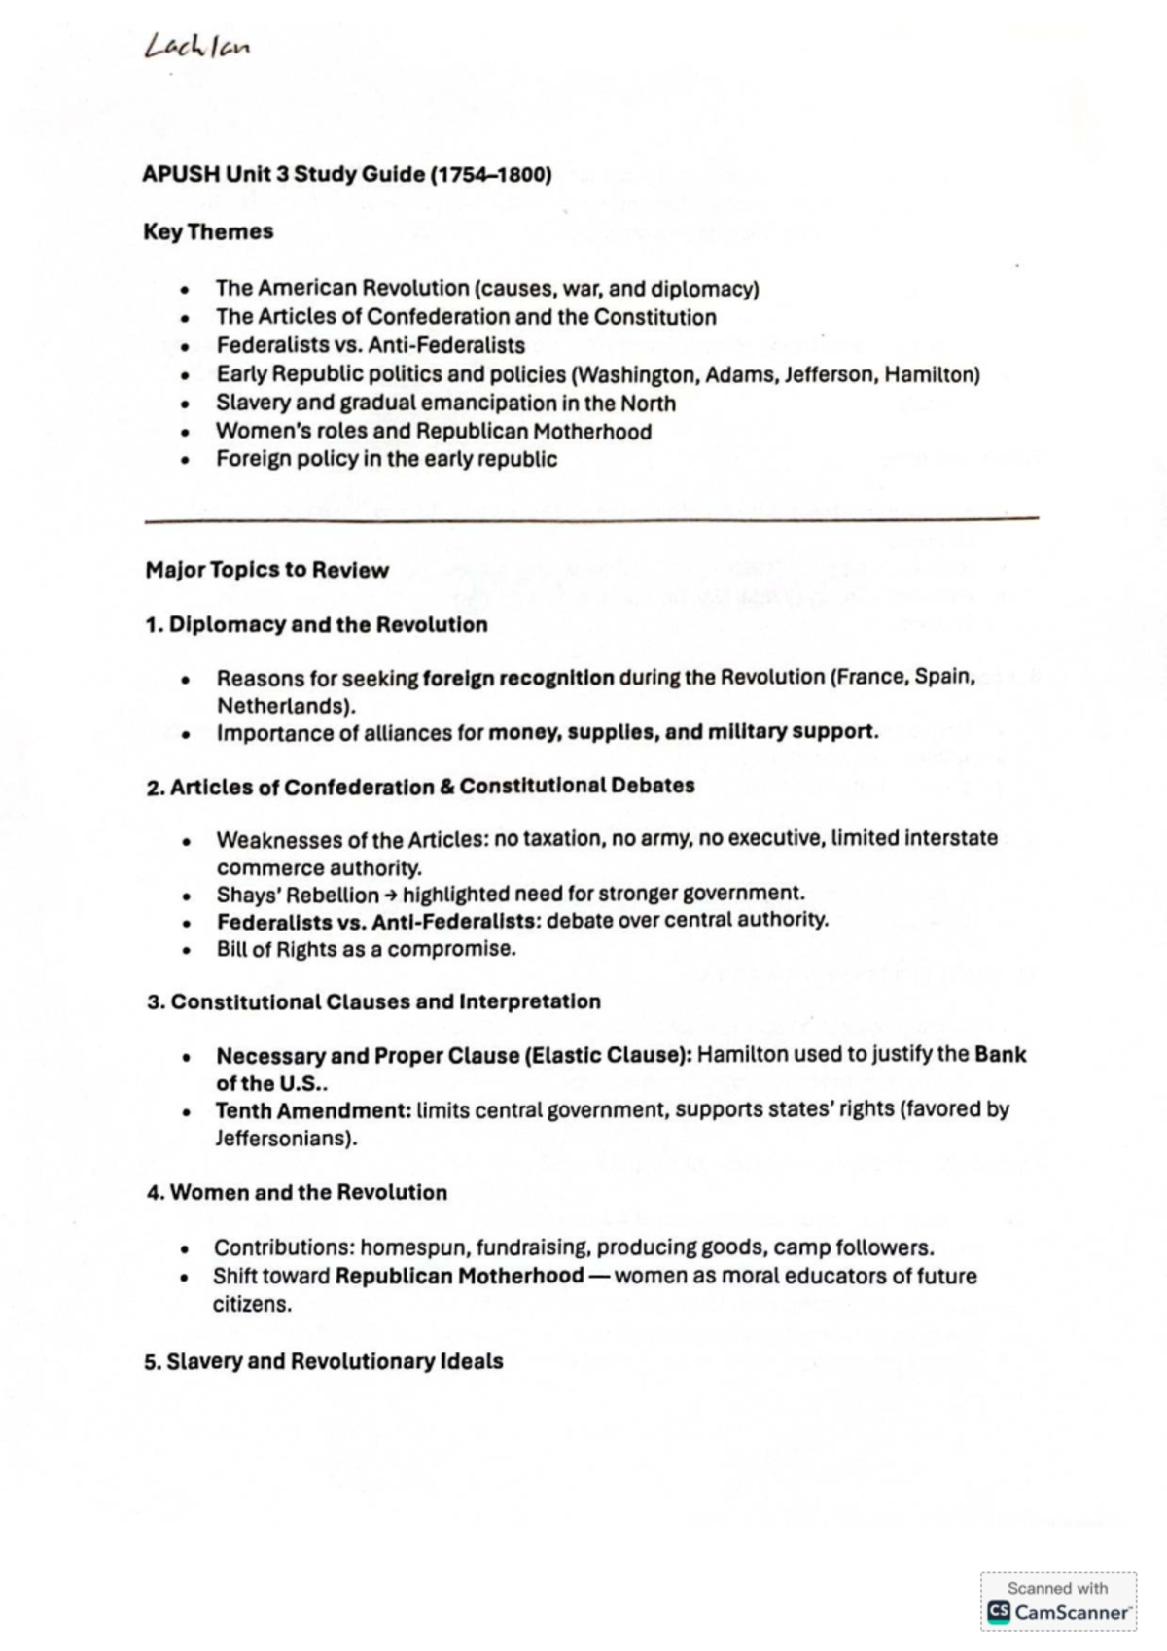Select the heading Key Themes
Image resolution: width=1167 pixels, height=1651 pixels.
point(208,232)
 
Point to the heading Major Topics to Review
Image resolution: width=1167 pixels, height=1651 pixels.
point(266,571)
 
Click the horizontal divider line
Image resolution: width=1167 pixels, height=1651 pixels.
point(591,520)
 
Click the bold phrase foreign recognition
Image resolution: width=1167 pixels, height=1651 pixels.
point(518,678)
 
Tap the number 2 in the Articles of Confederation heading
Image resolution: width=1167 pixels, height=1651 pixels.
point(153,788)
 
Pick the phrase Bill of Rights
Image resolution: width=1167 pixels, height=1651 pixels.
point(268,949)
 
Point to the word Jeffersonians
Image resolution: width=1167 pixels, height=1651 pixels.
point(283,1139)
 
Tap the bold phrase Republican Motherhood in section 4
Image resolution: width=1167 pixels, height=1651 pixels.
point(459,1277)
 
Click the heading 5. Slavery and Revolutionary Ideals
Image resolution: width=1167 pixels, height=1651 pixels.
point(323,1362)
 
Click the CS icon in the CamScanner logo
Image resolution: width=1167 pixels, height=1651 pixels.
point(999,1612)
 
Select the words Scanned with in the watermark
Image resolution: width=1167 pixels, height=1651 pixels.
point(1057,1588)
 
